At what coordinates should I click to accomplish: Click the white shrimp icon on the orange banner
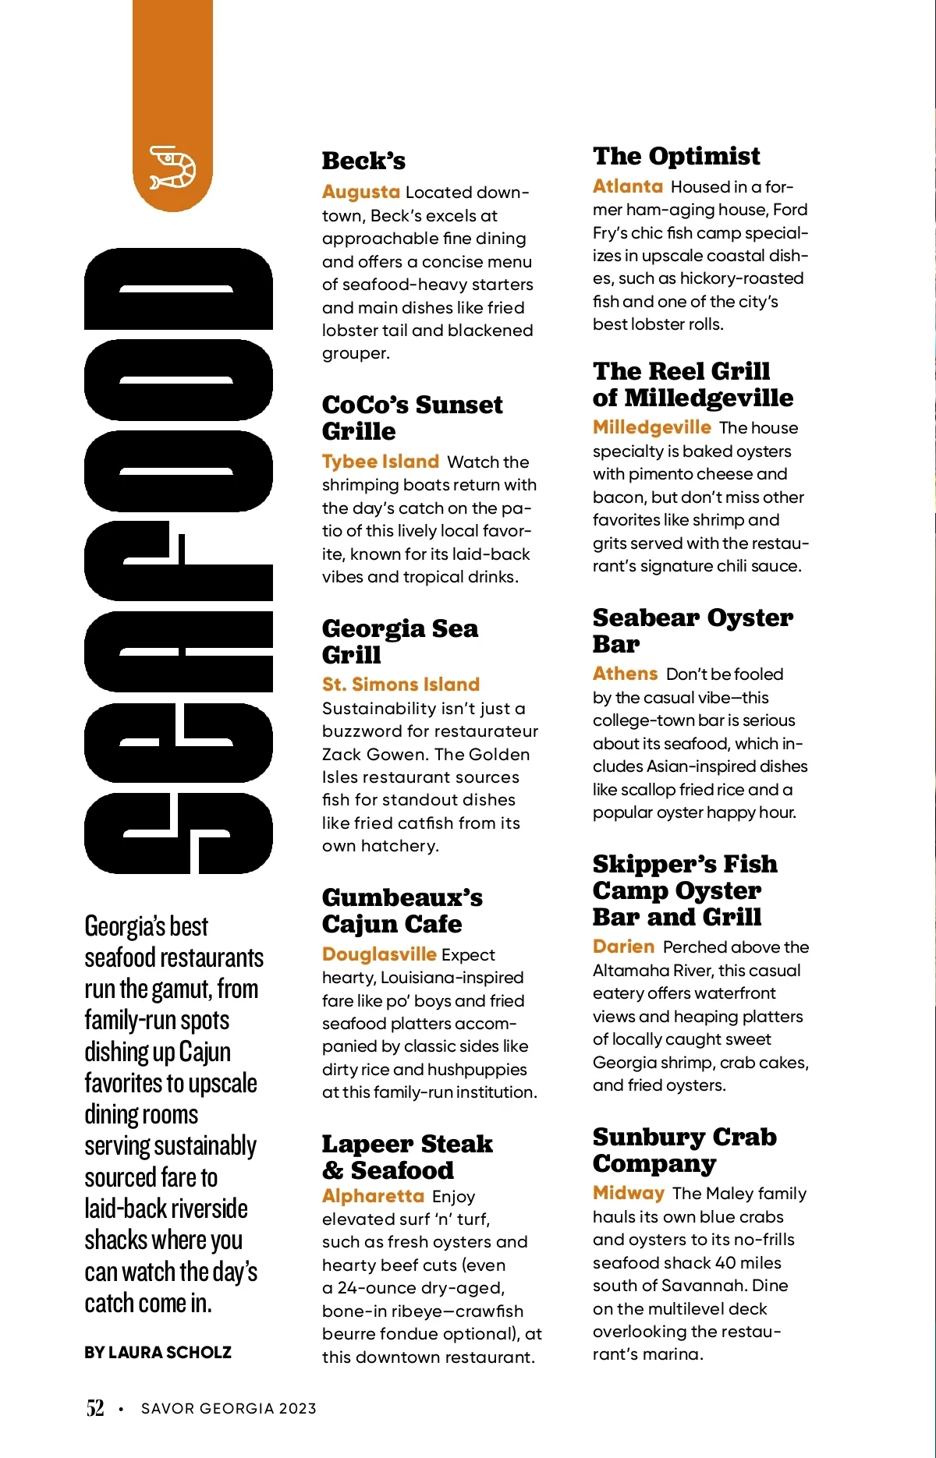pos(172,167)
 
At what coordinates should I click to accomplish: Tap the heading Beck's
pos(363,161)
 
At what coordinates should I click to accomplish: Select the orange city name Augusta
pos(360,192)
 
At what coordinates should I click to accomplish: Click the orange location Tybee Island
pos(381,462)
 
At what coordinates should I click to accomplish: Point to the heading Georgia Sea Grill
pos(399,641)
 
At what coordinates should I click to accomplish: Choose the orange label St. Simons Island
pos(401,685)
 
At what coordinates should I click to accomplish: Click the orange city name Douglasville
pos(379,954)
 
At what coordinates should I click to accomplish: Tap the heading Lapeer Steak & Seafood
pos(406,1157)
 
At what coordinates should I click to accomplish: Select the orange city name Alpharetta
pos(373,1196)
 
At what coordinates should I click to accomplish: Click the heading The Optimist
pos(676,156)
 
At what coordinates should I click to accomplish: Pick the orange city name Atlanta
pos(627,186)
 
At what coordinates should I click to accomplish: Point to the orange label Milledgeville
pos(651,427)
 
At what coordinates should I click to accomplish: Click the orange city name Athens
pos(625,674)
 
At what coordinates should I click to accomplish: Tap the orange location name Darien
pos(623,947)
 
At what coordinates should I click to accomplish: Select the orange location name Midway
pos(628,1193)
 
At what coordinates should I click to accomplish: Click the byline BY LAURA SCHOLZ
pos(158,1353)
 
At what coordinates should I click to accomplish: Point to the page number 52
pos(94,1408)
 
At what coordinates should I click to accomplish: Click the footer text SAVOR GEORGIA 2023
pos(229,1409)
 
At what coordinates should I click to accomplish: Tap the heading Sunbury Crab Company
pos(684,1150)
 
